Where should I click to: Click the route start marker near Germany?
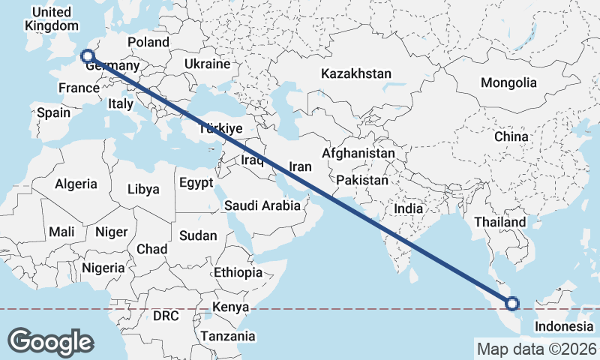(x=87, y=55)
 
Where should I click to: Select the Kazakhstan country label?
(x=356, y=74)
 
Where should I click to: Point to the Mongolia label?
(x=509, y=82)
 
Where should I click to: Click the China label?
(x=511, y=137)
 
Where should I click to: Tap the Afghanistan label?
(x=358, y=153)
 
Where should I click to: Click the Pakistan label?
(x=362, y=181)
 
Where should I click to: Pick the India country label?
(x=409, y=210)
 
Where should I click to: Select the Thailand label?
(x=499, y=222)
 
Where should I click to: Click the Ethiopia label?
(x=238, y=272)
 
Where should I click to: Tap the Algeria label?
(x=76, y=184)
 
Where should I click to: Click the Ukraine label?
(x=206, y=63)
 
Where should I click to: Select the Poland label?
(x=148, y=42)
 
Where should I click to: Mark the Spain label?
(x=53, y=113)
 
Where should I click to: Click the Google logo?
(x=50, y=342)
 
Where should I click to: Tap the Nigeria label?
(x=103, y=268)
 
